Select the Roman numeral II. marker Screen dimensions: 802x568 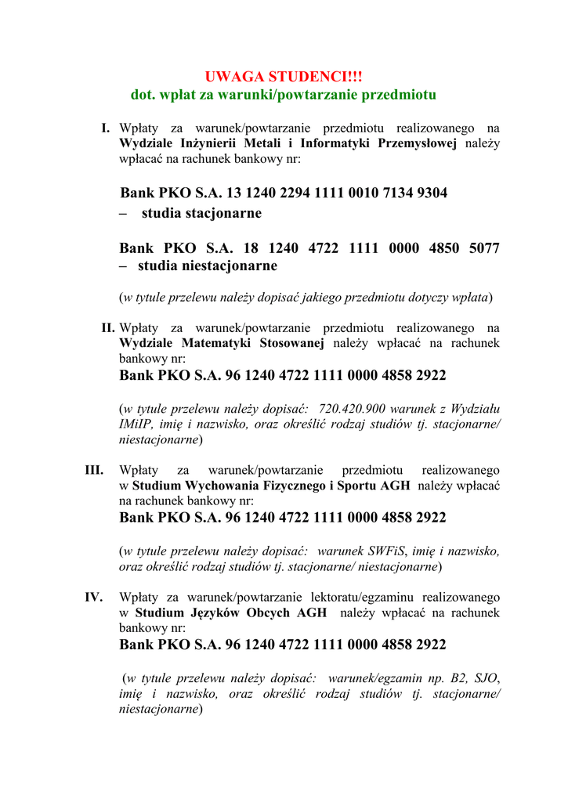click(108, 327)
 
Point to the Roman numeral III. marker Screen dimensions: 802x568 click(95, 470)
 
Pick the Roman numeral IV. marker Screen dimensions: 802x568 click(94, 597)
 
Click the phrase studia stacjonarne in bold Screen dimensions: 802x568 click(201, 213)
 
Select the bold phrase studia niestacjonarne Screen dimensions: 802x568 click(208, 266)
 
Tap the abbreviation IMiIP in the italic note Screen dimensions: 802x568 click(134, 424)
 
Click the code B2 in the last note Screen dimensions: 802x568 click(461, 677)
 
